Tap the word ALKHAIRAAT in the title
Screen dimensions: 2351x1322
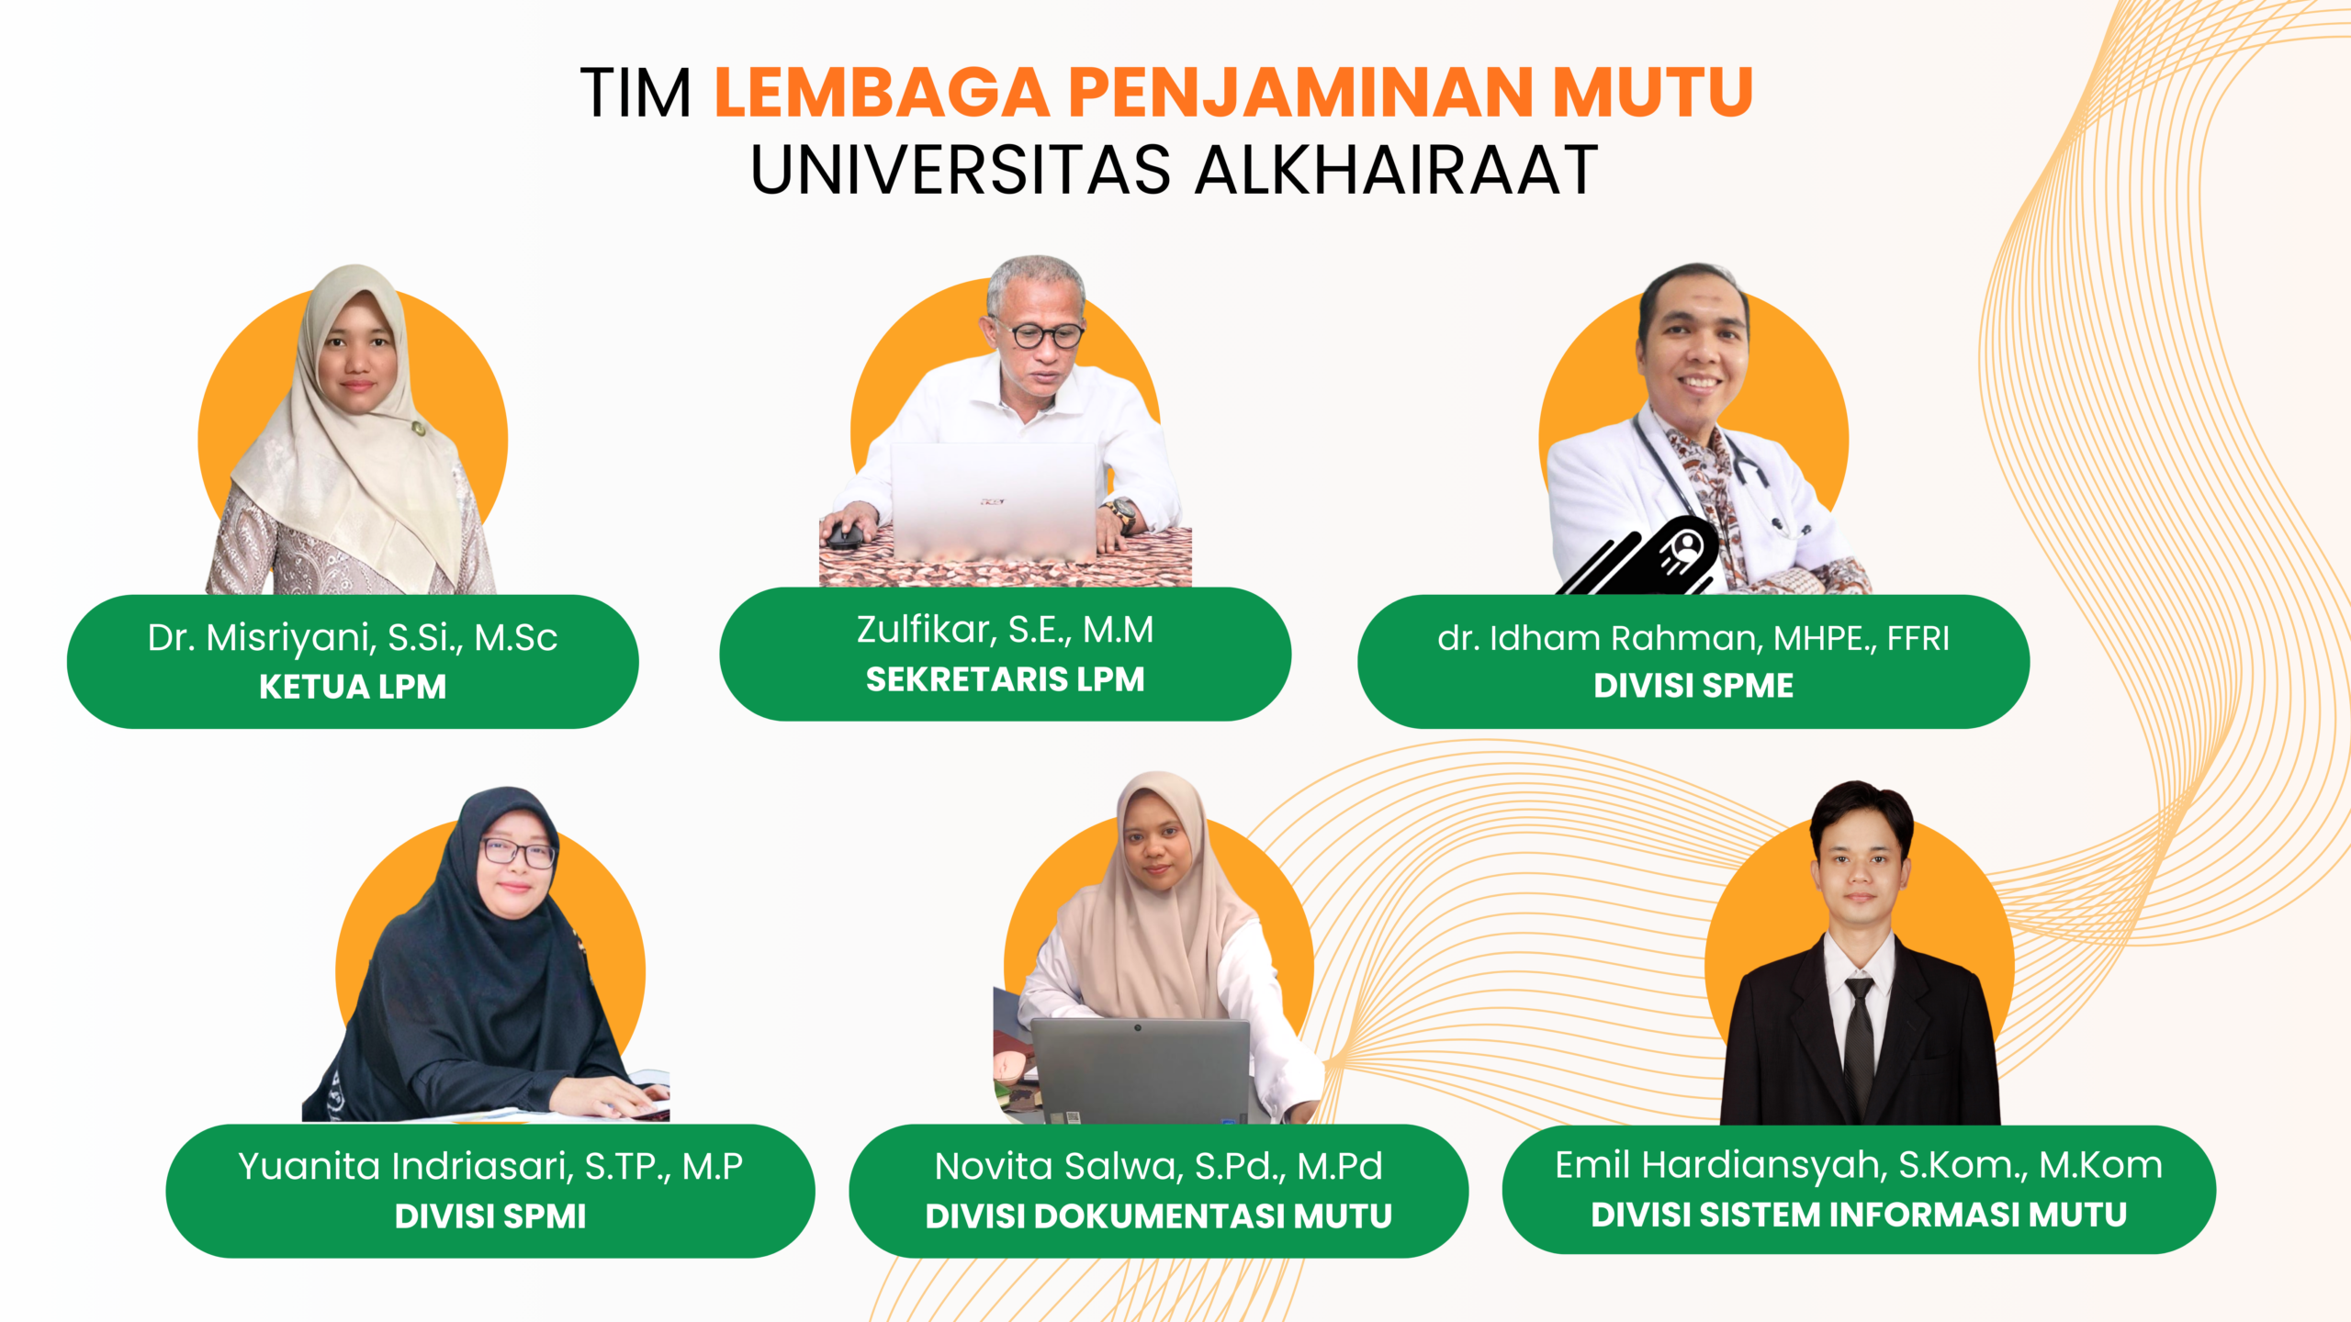click(1396, 170)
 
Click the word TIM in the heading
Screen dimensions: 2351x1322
click(636, 93)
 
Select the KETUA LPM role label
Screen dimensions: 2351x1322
click(353, 687)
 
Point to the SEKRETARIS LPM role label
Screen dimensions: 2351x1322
click(1006, 679)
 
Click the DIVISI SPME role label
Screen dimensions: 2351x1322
click(1693, 686)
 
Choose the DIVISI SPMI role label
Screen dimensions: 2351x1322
click(490, 1216)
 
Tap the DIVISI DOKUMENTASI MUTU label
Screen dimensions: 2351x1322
click(1159, 1216)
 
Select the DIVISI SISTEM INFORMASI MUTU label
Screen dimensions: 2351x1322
click(1859, 1215)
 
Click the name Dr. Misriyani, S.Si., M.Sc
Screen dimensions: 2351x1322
click(353, 638)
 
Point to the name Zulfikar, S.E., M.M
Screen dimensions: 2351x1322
click(1006, 630)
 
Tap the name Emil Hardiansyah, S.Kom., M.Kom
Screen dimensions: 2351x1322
click(1859, 1166)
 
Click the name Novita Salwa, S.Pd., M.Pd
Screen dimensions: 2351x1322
click(1159, 1167)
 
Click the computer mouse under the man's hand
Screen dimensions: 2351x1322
click(846, 533)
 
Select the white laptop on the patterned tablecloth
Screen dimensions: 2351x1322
click(994, 501)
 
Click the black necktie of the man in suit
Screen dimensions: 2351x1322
click(1859, 1047)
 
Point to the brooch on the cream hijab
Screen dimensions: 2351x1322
click(419, 428)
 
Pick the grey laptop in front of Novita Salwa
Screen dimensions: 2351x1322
click(1140, 1070)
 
